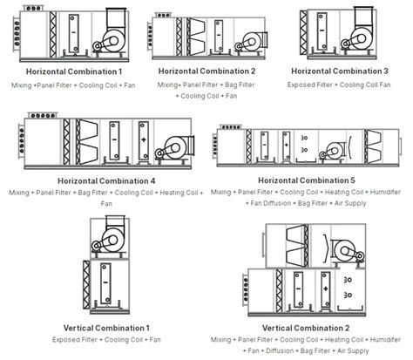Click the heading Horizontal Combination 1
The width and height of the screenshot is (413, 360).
(74, 71)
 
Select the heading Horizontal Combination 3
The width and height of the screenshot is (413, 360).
(340, 71)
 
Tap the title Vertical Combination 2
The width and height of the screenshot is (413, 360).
(306, 328)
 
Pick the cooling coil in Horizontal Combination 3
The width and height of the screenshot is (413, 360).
(322, 31)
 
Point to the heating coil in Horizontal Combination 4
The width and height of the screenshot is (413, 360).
(143, 140)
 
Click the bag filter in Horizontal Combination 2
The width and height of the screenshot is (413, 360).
(196, 37)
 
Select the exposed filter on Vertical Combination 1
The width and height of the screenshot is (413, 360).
(86, 285)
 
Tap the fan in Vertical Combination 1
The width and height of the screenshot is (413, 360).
(111, 236)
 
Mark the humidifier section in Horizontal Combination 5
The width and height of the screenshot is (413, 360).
(306, 147)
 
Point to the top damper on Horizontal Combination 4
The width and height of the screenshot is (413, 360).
(43, 115)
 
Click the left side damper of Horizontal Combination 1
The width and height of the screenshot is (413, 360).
(17, 33)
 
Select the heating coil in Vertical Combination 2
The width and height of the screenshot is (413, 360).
(326, 289)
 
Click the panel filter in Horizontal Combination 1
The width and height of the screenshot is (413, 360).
(52, 34)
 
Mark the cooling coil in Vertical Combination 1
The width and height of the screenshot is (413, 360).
(105, 283)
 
